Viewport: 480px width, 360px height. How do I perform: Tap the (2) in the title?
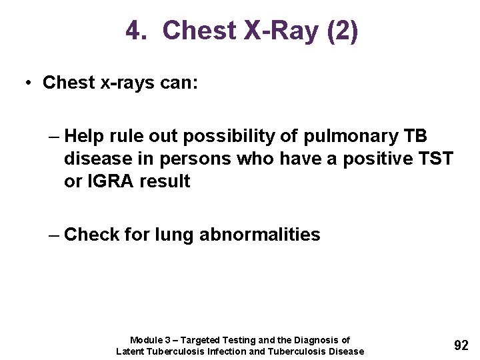click(342, 31)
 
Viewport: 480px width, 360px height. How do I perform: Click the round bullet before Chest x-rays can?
click(29, 83)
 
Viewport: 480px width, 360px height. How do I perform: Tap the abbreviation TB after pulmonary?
click(416, 137)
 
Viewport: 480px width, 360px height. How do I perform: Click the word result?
click(165, 181)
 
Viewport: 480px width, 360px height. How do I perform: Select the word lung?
click(174, 235)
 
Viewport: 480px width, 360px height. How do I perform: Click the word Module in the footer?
click(146, 340)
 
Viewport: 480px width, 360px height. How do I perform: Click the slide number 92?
click(461, 345)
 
